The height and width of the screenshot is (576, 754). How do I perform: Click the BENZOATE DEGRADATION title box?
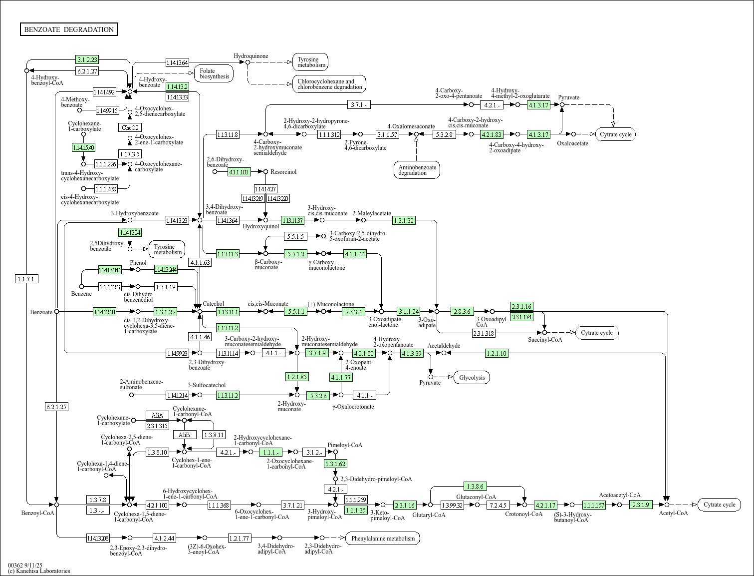click(x=69, y=29)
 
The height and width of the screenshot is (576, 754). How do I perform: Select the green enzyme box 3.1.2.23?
click(x=87, y=59)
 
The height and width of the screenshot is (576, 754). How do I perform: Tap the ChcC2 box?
click(x=130, y=127)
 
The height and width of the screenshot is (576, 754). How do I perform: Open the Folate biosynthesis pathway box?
click(x=214, y=74)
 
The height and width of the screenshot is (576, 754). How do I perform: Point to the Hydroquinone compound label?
click(x=251, y=56)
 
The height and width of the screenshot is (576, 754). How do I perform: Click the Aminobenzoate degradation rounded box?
click(x=417, y=170)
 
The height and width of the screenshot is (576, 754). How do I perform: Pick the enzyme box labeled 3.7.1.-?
click(x=359, y=104)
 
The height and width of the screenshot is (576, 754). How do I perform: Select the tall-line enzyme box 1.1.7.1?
click(x=26, y=279)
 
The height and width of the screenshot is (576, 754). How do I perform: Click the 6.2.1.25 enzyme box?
click(x=56, y=407)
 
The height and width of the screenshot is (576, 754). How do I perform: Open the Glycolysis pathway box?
click(x=472, y=377)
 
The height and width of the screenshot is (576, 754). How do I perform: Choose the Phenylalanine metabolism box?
click(x=383, y=538)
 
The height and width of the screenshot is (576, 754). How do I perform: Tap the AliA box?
click(x=157, y=415)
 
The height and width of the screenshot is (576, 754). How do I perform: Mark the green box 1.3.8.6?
click(x=475, y=486)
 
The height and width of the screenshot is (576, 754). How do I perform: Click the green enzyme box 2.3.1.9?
click(x=641, y=505)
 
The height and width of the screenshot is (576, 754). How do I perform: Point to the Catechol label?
click(x=213, y=304)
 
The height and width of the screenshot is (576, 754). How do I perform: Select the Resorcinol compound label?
click(x=283, y=172)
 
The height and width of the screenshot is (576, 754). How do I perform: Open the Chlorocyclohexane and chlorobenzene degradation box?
click(x=329, y=84)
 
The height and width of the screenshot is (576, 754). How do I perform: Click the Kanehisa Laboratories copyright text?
click(x=39, y=571)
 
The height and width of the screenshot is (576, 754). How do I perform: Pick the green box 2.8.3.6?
click(x=462, y=311)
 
